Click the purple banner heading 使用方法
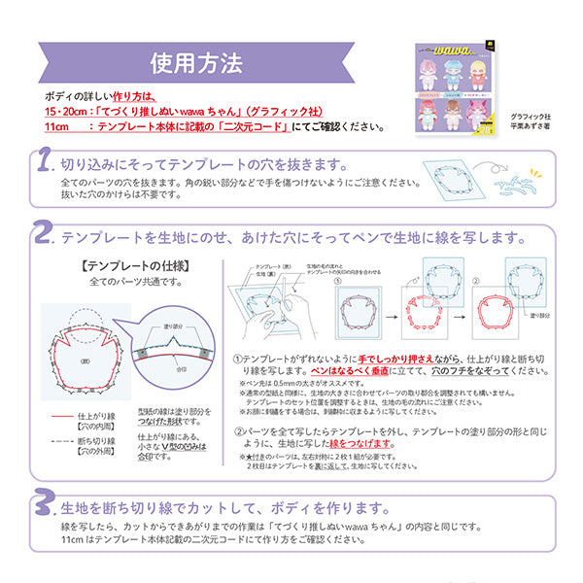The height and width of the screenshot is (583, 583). pos(196,64)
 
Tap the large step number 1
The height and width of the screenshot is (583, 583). pos(44,162)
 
